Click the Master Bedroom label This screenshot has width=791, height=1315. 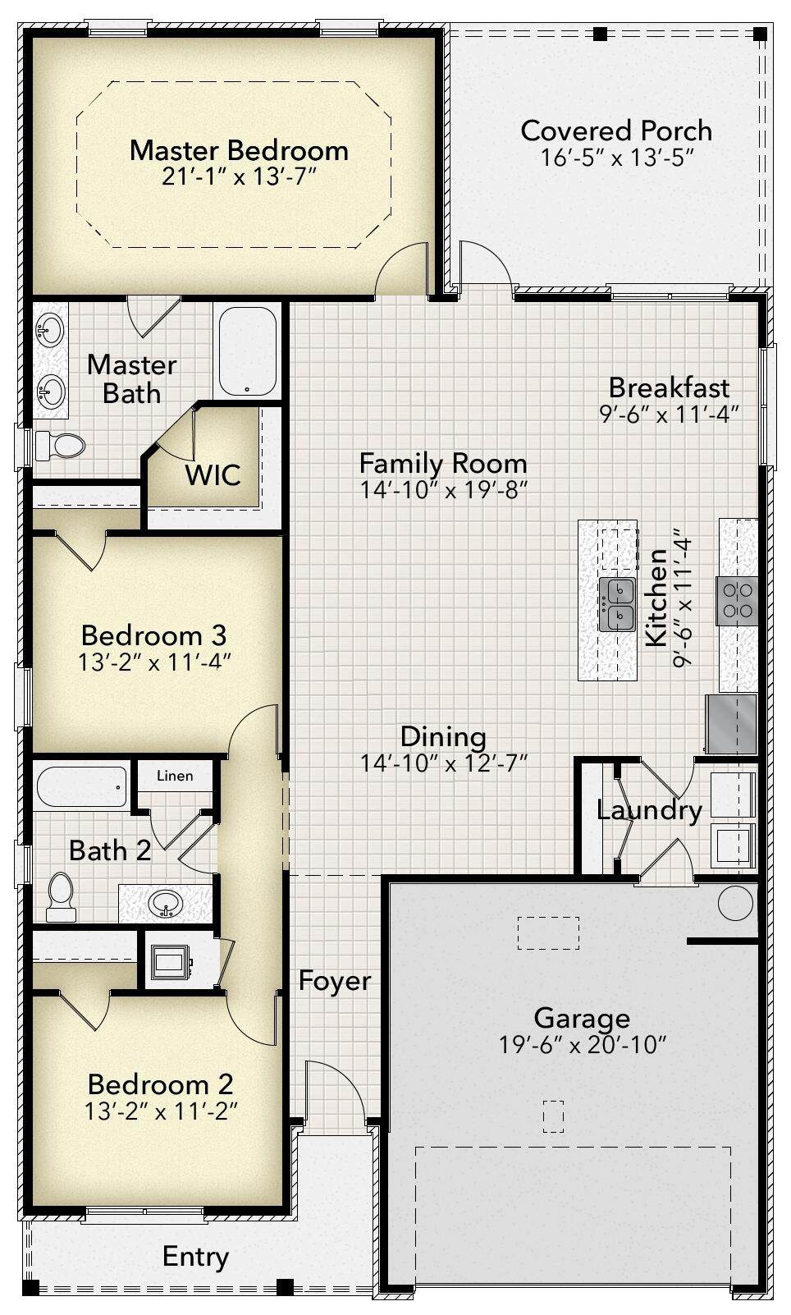239,150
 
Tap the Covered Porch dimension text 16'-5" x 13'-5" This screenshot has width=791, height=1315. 617,158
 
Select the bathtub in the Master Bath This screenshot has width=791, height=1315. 247,351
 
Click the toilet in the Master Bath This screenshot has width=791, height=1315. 60,446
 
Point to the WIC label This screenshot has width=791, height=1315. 213,474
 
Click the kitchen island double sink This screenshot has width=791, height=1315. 617,604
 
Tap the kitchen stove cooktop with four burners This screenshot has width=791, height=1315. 737,600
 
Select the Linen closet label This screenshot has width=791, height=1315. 175,776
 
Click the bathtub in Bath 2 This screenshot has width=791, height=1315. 81,787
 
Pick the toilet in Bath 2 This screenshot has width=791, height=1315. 61,897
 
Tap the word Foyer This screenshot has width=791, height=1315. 335,980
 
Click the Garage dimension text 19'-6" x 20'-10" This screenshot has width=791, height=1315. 583,1045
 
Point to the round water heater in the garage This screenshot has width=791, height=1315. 735,903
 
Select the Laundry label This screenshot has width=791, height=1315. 649,811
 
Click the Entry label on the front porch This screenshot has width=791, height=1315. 195,1256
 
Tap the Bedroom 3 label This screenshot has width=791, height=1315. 153,635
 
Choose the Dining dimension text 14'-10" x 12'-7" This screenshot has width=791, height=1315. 444,763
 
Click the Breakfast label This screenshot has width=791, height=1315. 669,387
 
